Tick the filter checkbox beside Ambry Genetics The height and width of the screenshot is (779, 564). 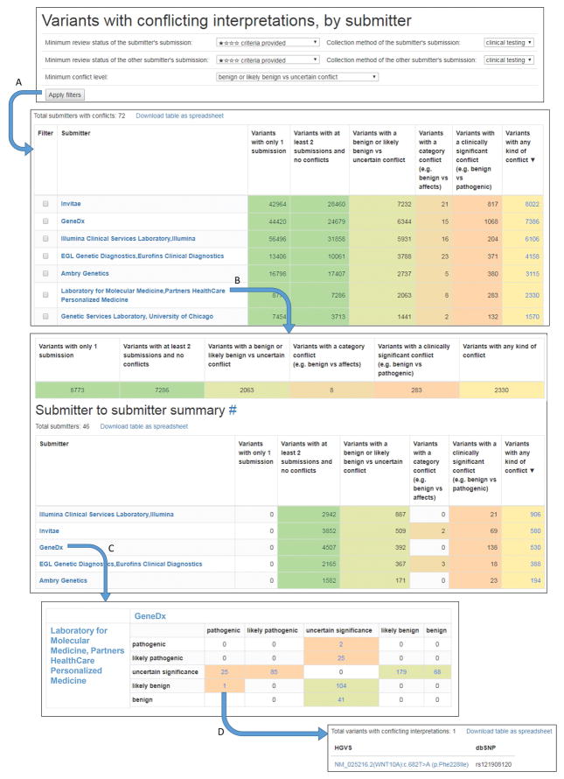pos(45,273)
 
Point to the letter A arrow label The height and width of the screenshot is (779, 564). pos(19,82)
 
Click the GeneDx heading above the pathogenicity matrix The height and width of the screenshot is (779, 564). pos(149,615)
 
